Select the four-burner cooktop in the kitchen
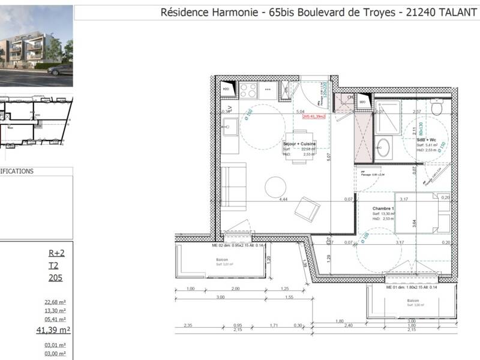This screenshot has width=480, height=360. click(x=248, y=91)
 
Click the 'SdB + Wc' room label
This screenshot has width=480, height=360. click(x=426, y=140)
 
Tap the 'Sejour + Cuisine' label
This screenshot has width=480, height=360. click(x=299, y=144)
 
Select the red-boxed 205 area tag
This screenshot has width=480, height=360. click(x=314, y=116)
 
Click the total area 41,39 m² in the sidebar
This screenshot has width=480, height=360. click(x=54, y=330)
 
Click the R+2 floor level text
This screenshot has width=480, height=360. click(x=56, y=253)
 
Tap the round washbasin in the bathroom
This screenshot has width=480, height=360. click(x=382, y=146)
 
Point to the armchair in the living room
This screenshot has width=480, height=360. click(x=307, y=209)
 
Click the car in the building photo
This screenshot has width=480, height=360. click(x=60, y=70)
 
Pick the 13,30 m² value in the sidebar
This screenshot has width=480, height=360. click(x=55, y=311)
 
